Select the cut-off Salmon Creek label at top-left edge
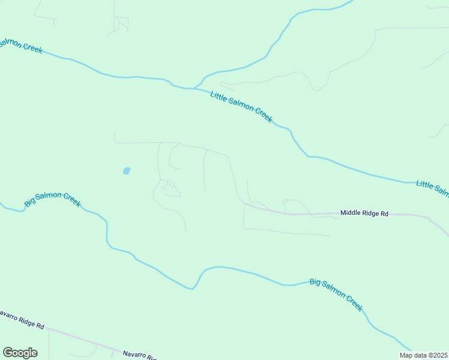[x=21, y=45]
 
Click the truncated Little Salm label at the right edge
[x=432, y=188]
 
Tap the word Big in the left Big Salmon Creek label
[x=29, y=203]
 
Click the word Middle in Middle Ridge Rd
[x=350, y=213]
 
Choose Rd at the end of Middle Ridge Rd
[x=385, y=213]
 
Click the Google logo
[x=20, y=353]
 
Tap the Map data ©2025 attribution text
[x=423, y=355]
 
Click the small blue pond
[x=127, y=171]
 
